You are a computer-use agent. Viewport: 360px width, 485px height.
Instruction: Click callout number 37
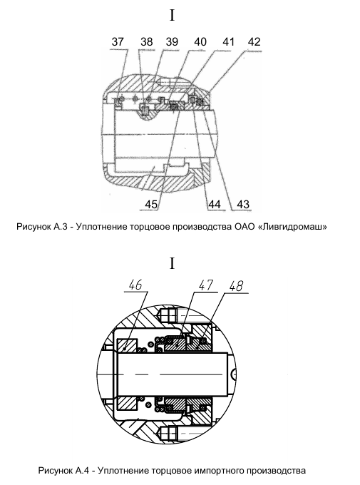(x=118, y=42)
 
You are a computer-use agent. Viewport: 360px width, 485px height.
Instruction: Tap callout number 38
(x=147, y=42)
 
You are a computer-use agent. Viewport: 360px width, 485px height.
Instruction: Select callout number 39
(x=172, y=42)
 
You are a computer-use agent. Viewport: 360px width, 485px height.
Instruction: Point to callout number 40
(x=200, y=42)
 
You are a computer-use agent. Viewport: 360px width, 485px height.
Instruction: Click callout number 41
(x=229, y=42)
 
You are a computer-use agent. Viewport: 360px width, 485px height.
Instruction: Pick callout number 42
(x=254, y=42)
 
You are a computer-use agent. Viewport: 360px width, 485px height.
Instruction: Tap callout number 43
(x=243, y=204)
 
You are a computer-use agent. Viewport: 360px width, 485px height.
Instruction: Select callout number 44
(x=215, y=204)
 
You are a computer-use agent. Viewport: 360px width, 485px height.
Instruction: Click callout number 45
(x=151, y=204)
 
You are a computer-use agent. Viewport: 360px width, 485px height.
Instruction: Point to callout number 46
(x=135, y=285)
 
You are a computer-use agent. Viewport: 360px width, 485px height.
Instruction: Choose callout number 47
(x=206, y=285)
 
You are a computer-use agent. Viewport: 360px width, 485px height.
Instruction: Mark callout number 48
(x=237, y=286)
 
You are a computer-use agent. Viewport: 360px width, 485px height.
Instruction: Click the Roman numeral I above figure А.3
(x=173, y=15)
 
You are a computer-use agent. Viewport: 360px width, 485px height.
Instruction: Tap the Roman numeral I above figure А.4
(x=173, y=263)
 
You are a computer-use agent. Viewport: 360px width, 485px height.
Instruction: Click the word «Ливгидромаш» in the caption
(x=292, y=227)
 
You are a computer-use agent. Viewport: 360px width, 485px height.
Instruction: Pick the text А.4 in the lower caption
(x=82, y=471)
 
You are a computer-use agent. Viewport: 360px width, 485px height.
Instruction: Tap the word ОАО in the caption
(x=244, y=227)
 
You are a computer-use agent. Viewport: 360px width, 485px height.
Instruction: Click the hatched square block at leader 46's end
(x=127, y=349)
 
